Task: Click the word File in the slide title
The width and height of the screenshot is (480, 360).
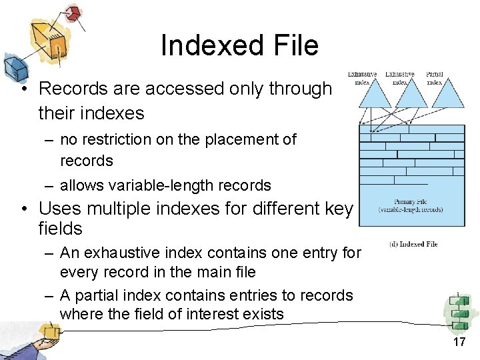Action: point(291,45)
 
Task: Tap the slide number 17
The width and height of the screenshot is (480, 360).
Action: point(459,343)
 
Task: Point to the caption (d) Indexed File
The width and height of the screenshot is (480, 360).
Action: point(413,244)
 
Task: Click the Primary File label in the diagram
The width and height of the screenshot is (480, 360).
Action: point(410,201)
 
